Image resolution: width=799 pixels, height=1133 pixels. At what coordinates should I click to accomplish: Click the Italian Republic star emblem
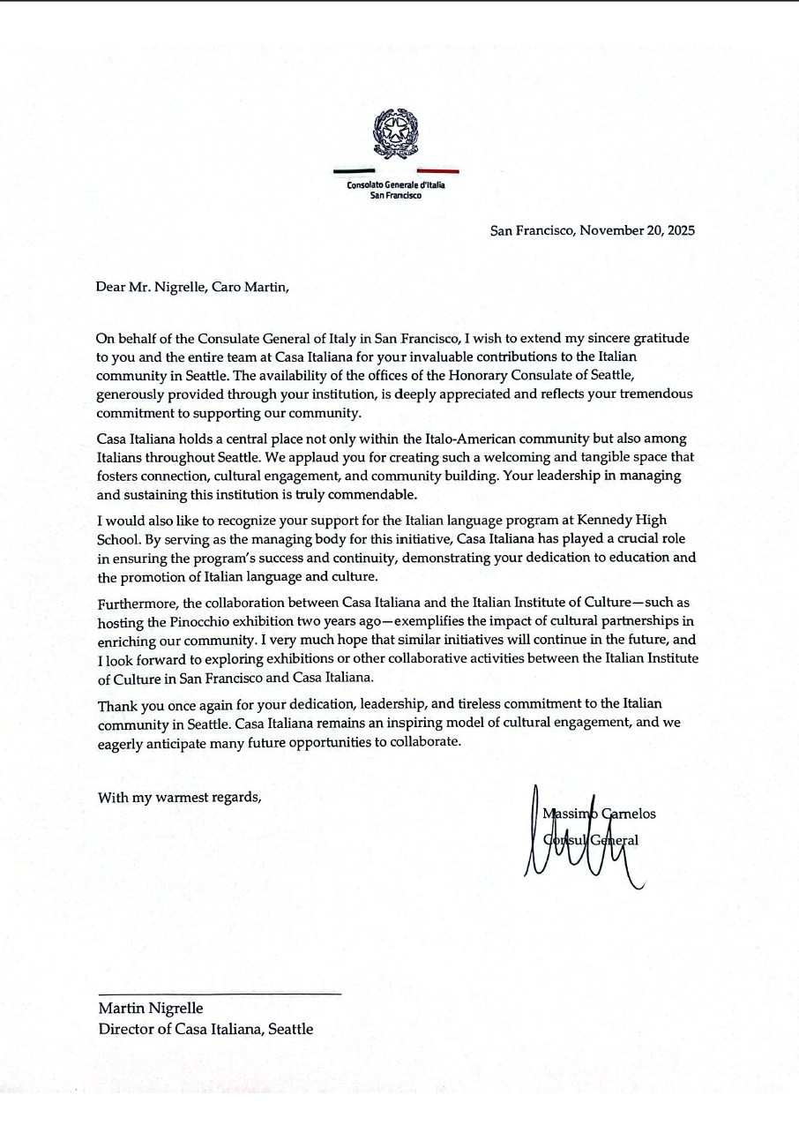(x=395, y=133)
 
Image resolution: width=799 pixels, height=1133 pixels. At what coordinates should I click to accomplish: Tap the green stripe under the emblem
(x=354, y=170)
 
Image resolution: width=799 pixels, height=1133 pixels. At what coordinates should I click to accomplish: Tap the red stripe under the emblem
(x=437, y=170)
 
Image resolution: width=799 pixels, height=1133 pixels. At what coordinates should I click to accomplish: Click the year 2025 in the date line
(x=678, y=231)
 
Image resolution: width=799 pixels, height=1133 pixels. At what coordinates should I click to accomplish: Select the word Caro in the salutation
(x=228, y=287)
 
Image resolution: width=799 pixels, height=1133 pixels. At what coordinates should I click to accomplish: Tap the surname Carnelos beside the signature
(x=628, y=814)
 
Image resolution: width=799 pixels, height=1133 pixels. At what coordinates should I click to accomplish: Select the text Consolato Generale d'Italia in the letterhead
(x=396, y=185)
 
